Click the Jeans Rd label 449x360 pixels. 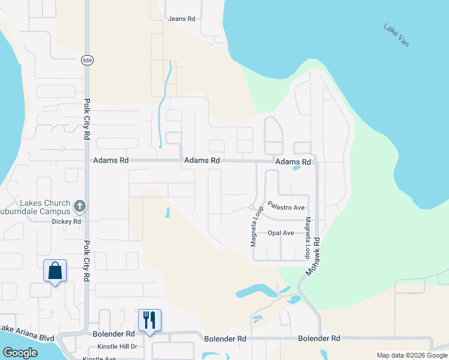pyautogui.click(x=182, y=19)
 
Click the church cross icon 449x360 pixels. pyautogui.click(x=79, y=207)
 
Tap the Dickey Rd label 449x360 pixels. pyautogui.click(x=66, y=221)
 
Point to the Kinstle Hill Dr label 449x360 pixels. pyautogui.click(x=116, y=347)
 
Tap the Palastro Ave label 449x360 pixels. pyautogui.click(x=287, y=207)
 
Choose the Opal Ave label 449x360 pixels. pyautogui.click(x=281, y=233)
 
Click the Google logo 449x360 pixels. pyautogui.click(x=20, y=353)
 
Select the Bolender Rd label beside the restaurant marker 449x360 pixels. pyautogui.click(x=114, y=334)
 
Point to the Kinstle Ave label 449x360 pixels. pyautogui.click(x=99, y=358)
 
